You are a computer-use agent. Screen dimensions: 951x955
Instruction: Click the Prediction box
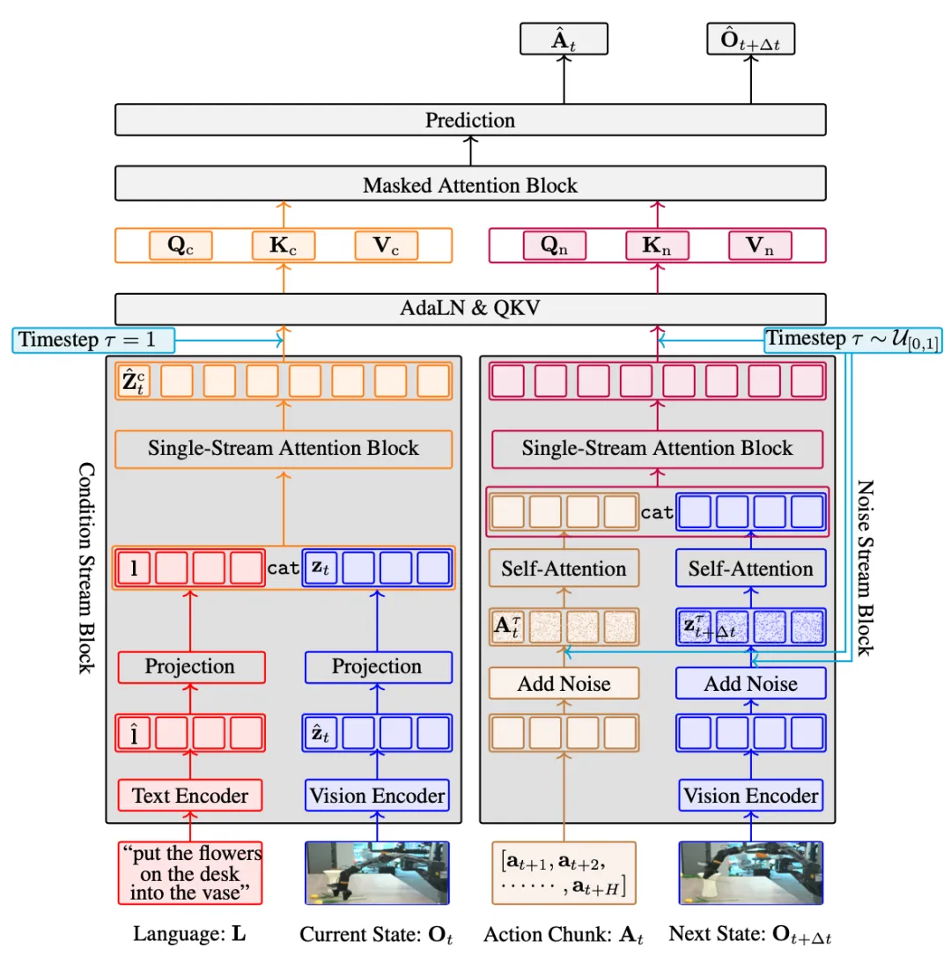pyautogui.click(x=469, y=120)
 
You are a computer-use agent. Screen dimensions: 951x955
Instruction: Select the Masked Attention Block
pyautogui.click(x=469, y=183)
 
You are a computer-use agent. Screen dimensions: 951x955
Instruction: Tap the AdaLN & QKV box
pyautogui.click(x=469, y=308)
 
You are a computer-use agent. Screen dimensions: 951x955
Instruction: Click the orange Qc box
pyautogui.click(x=181, y=246)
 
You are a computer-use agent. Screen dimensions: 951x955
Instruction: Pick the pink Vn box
pyautogui.click(x=760, y=246)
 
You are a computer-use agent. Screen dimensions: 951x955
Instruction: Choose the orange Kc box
pyautogui.click(x=284, y=246)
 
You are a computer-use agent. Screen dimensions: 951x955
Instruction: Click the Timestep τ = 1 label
pyautogui.click(x=93, y=340)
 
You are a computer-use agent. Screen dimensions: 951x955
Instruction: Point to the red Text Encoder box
pyautogui.click(x=190, y=795)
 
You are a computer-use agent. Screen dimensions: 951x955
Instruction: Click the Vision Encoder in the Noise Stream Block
pyautogui.click(x=750, y=795)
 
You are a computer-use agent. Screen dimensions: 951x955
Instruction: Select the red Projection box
pyautogui.click(x=191, y=667)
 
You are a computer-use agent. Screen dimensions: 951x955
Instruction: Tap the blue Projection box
pyautogui.click(x=378, y=667)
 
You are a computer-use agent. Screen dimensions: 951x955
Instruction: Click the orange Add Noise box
pyautogui.click(x=564, y=683)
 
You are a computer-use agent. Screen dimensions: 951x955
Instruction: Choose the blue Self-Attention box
pyautogui.click(x=750, y=569)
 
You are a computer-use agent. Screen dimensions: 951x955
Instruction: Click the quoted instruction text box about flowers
pyautogui.click(x=190, y=873)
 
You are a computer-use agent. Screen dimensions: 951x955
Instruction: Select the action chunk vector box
pyautogui.click(x=564, y=873)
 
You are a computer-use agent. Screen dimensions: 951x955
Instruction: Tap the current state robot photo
pyautogui.click(x=377, y=873)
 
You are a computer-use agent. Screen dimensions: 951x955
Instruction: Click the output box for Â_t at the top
pyautogui.click(x=564, y=39)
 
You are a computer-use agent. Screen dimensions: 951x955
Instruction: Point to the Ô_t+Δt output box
pyautogui.click(x=750, y=39)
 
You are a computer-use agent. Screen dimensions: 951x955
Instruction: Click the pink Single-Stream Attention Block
pyautogui.click(x=658, y=449)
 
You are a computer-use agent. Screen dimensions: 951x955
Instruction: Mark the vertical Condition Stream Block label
pyautogui.click(x=86, y=568)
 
